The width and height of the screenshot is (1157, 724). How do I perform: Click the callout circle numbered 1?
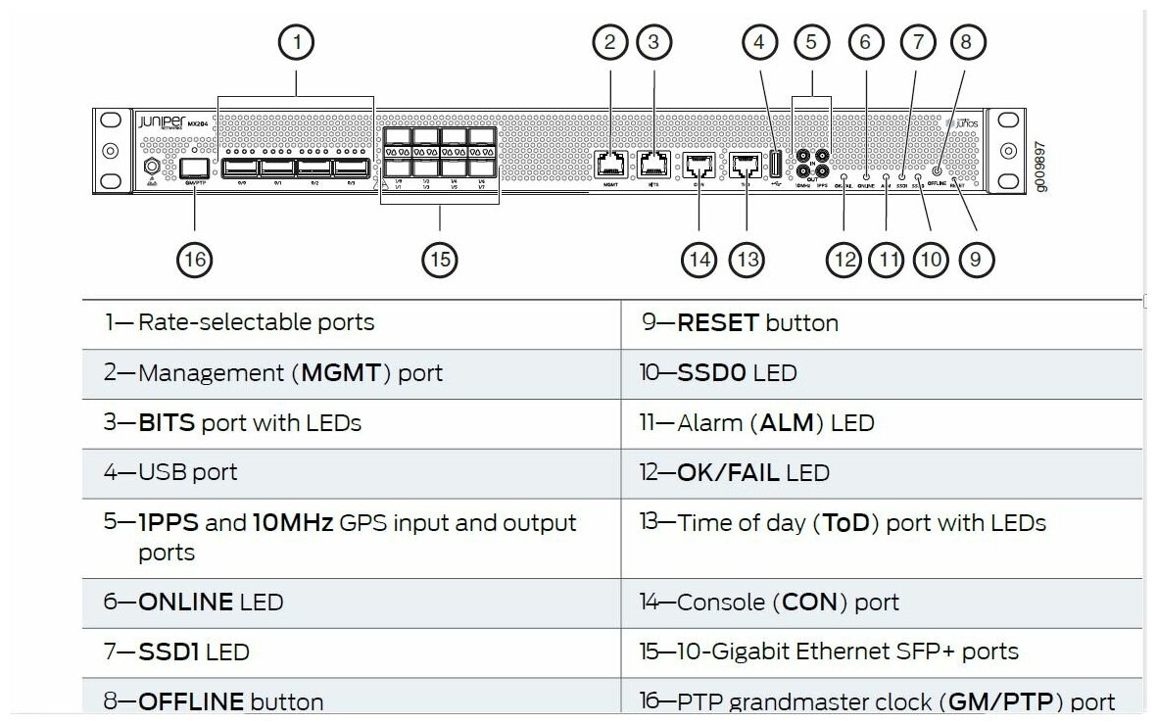(296, 41)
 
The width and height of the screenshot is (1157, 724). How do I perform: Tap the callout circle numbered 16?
(194, 259)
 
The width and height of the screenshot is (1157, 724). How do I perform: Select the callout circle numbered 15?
(440, 259)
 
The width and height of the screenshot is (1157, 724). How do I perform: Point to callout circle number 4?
(759, 41)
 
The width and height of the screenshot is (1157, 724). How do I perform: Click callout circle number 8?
(966, 41)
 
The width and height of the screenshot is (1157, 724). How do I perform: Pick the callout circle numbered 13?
(747, 259)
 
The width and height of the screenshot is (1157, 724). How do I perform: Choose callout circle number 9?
(976, 259)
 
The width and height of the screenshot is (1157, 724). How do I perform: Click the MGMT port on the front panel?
(609, 163)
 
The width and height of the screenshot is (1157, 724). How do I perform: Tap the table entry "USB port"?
(187, 472)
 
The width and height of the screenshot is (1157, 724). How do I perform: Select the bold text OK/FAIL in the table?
(728, 473)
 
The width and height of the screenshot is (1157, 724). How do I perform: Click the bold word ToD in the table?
(845, 523)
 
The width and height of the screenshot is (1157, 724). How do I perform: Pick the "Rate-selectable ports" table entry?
(256, 322)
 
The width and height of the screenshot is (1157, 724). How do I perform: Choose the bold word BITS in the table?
(168, 423)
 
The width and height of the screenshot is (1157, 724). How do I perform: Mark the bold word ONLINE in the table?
(186, 602)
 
